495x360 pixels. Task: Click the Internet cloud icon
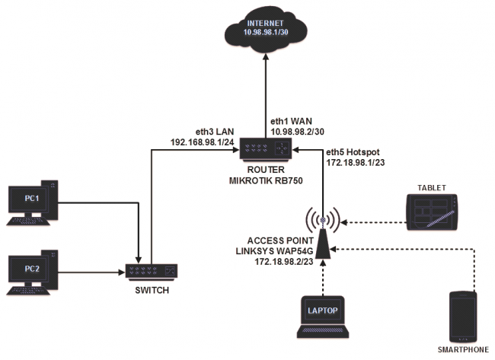coord(266,30)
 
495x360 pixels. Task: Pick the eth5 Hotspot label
coord(352,151)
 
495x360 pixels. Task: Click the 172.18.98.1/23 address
coord(355,163)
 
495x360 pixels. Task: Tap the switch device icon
coord(152,269)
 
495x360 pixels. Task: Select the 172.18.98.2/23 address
coord(278,262)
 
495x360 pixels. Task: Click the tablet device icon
coord(434,212)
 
